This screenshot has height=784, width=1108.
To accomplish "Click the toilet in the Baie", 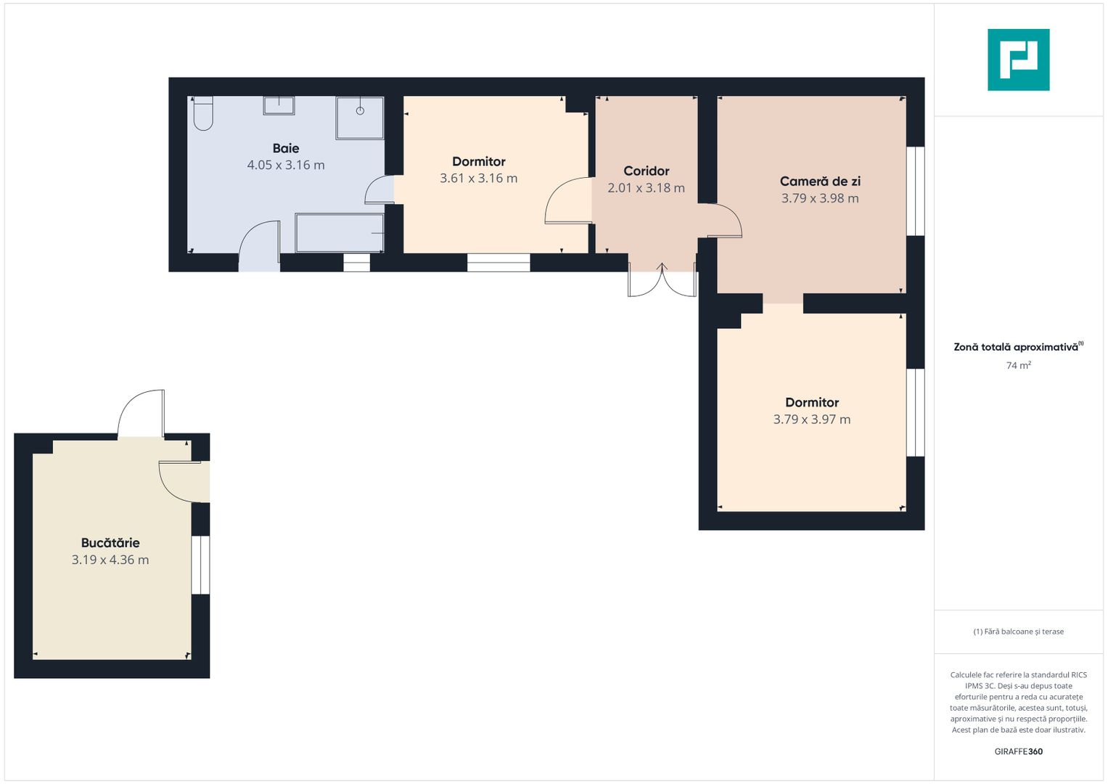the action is tap(202, 113).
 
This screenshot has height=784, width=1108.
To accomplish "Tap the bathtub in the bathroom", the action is tap(340, 232).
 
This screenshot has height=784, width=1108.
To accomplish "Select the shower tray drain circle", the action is tap(360, 111).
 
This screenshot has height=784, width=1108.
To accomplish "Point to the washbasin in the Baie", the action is tap(279, 105).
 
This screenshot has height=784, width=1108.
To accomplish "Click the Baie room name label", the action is tap(286, 148).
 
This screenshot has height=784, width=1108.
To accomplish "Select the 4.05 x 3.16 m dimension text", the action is tap(286, 165).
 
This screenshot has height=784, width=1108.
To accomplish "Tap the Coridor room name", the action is tap(646, 171).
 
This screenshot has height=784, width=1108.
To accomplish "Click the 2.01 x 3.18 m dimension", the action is tap(646, 188).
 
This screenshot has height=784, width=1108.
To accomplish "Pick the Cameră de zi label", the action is tap(820, 181).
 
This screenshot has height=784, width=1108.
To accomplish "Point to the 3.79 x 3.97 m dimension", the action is tap(812, 420).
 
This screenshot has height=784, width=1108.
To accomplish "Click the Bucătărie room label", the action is tap(110, 542).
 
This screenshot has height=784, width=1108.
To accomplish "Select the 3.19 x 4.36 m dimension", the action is tap(110, 560).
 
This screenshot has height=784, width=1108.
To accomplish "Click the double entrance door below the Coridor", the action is tap(662, 280).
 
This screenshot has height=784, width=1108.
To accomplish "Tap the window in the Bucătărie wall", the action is tap(200, 565).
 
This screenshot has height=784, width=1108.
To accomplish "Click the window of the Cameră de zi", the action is tap(915, 191).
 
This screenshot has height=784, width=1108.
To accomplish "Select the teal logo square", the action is tap(1019, 60).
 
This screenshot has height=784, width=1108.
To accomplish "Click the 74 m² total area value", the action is tap(1019, 365).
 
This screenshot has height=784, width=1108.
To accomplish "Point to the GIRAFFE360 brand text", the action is tap(1019, 751).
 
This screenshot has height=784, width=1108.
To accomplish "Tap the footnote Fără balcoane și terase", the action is tap(1019, 632).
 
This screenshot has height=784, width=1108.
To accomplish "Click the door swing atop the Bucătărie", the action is tap(141, 413).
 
